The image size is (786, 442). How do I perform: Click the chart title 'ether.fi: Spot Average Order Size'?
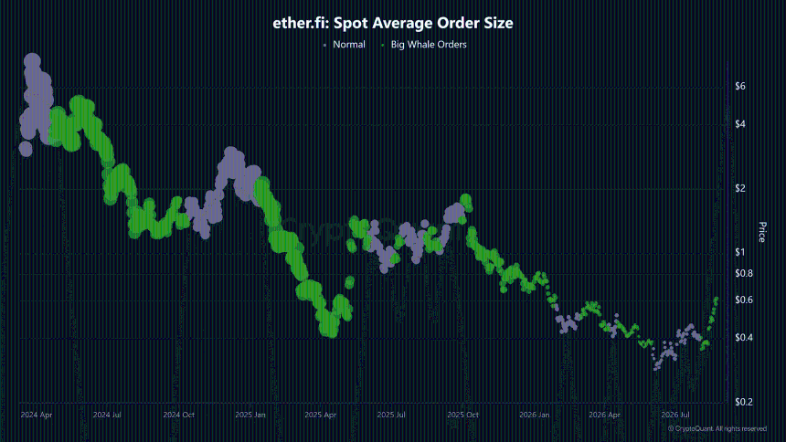[x=392, y=23]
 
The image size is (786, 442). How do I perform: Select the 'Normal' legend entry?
[x=349, y=45]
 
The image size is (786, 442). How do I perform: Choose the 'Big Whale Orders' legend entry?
[x=429, y=45]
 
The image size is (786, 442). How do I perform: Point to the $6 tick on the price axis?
[x=740, y=86]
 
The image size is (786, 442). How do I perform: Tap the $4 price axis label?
[x=740, y=124]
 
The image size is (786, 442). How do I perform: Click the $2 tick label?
[x=740, y=188]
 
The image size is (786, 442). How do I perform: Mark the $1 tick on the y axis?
[x=740, y=252]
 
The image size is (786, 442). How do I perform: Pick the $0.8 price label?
[x=744, y=274]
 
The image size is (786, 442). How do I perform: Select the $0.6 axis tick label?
[x=744, y=300]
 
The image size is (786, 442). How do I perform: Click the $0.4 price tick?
[x=744, y=338]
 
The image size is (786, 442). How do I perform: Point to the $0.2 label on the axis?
[x=744, y=402]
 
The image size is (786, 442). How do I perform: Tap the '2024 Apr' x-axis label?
[x=36, y=415]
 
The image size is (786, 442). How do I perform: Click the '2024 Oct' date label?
[x=179, y=415]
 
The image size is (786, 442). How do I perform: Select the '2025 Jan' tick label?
[x=250, y=415]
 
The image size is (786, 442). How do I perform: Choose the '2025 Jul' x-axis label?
[x=391, y=415]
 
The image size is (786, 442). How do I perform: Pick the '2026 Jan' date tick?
[x=535, y=415]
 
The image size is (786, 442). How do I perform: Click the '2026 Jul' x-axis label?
[x=675, y=415]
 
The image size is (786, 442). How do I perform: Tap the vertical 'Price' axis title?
[x=762, y=232]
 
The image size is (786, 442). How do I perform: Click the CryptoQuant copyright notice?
[x=717, y=429]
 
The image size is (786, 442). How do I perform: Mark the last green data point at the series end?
[x=717, y=300]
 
